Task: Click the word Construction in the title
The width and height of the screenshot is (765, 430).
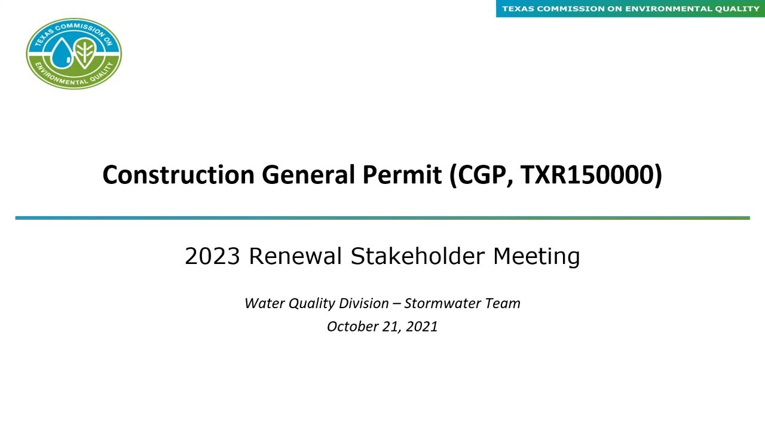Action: (x=178, y=175)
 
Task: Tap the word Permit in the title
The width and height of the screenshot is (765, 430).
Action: (x=402, y=175)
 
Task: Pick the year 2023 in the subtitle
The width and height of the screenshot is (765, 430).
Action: (x=212, y=256)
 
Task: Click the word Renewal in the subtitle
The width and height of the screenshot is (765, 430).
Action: (x=295, y=256)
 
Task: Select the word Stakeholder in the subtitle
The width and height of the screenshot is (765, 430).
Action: (x=417, y=256)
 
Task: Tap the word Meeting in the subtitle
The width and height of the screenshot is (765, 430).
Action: (x=536, y=256)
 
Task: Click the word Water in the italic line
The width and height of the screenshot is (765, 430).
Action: (x=265, y=303)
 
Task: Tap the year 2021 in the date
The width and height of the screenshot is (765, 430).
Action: (x=422, y=327)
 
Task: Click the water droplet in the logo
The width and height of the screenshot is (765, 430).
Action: (x=60, y=53)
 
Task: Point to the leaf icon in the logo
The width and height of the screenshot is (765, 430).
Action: (x=85, y=53)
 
